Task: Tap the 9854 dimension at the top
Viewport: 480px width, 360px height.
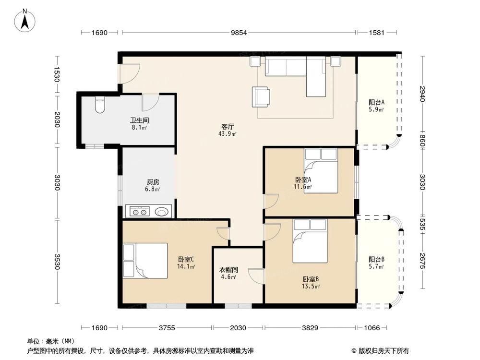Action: [x=239, y=33]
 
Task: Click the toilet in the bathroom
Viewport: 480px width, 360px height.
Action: [x=100, y=105]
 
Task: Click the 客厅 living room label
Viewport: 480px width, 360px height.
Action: [x=228, y=127]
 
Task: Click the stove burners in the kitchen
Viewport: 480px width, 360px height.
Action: [x=140, y=211]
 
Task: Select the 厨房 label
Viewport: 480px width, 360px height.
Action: [x=153, y=182]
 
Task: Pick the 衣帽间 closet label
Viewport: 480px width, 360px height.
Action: [x=228, y=270]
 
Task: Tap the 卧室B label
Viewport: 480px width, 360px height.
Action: [x=311, y=279]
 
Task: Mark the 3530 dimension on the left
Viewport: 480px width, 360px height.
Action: [x=57, y=262]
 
